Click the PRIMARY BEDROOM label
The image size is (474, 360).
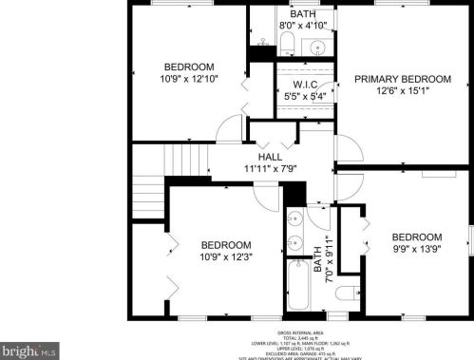pos(402,79)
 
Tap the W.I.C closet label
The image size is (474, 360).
pos(304,85)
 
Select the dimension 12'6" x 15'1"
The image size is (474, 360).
pos(402,92)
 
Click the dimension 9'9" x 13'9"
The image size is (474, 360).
pos(417,250)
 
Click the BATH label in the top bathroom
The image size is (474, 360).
pos(303,14)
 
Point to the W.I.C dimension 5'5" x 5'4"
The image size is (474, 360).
pos(304,97)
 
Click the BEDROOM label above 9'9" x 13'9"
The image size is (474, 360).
pos(417,237)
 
